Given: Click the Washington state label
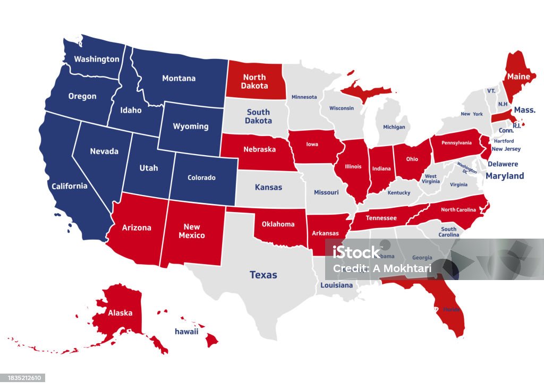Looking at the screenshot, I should tap(96, 59).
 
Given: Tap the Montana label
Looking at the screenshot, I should tap(178, 78).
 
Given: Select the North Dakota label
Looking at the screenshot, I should tap(254, 81).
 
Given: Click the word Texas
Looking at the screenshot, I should tap(263, 275).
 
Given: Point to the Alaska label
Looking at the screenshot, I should tap(120, 312).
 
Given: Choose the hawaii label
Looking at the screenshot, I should tap(186, 332).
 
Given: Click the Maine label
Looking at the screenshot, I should tap(518, 77).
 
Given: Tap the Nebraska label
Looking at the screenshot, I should tap(259, 149).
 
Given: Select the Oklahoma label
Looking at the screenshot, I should tap(277, 224).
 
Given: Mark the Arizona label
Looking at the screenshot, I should tap(137, 227).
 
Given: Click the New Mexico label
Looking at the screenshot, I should tap(191, 231).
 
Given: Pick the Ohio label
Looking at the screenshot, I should tap(412, 158).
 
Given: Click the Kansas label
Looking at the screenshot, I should tap(268, 187).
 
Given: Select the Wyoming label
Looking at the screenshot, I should tap(191, 126).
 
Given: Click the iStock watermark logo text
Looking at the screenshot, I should tap(356, 252).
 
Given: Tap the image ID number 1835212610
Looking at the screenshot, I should tap(22, 378).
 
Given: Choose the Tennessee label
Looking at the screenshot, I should tap(380, 218).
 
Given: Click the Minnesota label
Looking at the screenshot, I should tap(304, 97).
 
